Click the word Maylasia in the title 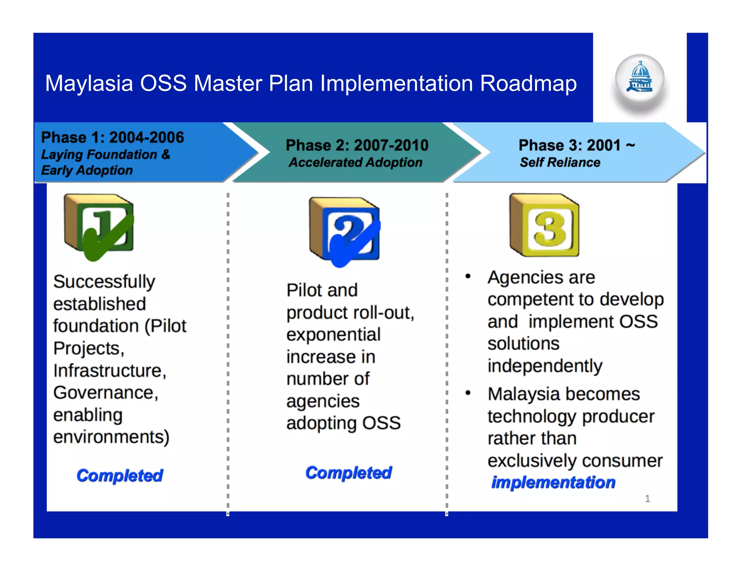[x=89, y=84]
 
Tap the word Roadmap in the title [x=528, y=84]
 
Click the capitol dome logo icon [x=640, y=78]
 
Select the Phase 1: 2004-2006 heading [x=113, y=137]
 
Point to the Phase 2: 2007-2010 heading [x=357, y=145]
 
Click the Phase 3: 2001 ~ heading [x=576, y=145]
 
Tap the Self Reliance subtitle [x=560, y=162]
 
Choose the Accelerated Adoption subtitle [x=355, y=162]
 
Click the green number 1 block [x=99, y=226]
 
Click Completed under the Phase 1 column [x=120, y=475]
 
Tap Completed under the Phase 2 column [x=348, y=473]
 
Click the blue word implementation [x=553, y=482]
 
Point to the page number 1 [x=647, y=499]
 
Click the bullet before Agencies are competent [x=468, y=277]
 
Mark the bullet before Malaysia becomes [x=468, y=393]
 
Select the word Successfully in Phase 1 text [x=104, y=282]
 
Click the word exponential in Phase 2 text [x=333, y=335]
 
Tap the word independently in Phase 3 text [x=545, y=366]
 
